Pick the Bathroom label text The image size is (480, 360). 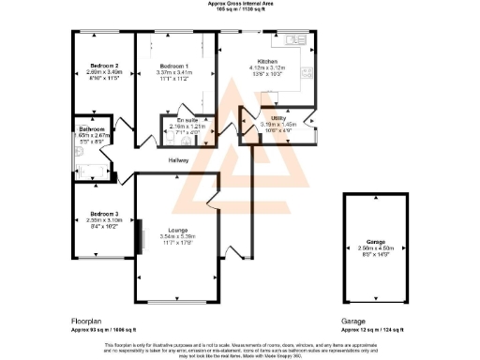(x=91, y=129)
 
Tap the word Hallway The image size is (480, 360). (x=179, y=160)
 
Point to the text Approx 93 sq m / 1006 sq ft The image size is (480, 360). (x=106, y=330)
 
